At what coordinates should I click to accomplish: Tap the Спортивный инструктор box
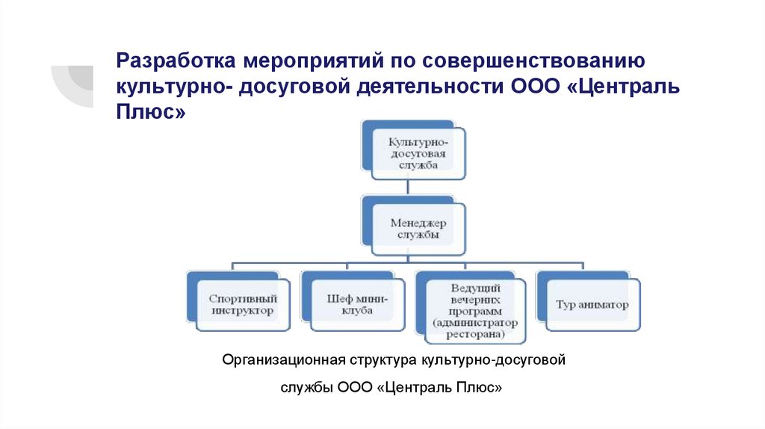tap(241, 304)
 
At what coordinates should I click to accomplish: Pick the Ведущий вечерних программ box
tap(474, 308)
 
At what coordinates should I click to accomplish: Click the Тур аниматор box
tap(593, 304)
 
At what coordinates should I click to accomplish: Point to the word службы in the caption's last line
tap(307, 389)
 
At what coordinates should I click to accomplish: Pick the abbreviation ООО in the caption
tap(355, 389)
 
